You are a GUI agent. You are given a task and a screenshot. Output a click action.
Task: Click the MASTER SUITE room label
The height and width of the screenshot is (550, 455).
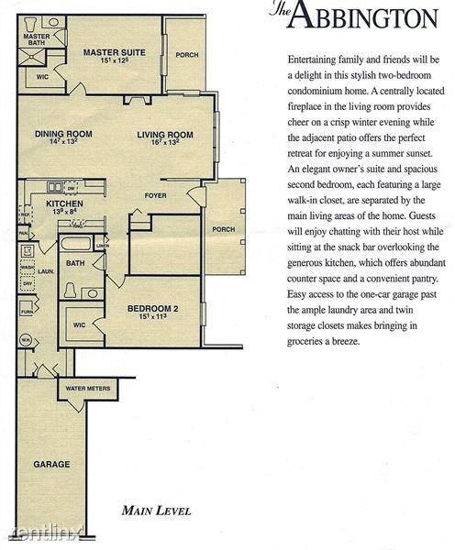[x=114, y=53]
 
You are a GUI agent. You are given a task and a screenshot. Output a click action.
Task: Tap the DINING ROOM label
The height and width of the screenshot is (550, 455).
[x=61, y=135]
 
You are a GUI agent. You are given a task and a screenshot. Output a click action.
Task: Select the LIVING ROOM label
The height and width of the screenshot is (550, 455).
[x=164, y=135]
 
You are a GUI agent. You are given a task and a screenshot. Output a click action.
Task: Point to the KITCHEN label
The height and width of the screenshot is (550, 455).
[x=65, y=203]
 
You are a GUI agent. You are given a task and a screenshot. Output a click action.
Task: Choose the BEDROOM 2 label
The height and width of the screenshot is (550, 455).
[x=151, y=308]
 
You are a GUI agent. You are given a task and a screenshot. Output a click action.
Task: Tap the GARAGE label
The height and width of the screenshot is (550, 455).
[x=52, y=464]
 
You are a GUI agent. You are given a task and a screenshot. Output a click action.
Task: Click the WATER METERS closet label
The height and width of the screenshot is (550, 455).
[x=86, y=388]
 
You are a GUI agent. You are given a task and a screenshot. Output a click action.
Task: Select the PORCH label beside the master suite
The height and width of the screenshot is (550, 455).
[x=187, y=55]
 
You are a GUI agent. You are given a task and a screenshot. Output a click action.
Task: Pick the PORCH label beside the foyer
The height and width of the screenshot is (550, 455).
[x=223, y=229]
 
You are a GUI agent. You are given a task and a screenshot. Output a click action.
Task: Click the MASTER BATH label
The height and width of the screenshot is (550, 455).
[x=37, y=39]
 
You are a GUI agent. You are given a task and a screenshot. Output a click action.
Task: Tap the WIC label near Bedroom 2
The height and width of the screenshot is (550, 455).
[x=80, y=324]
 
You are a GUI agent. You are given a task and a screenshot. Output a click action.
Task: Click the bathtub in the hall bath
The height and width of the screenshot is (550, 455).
[x=75, y=246]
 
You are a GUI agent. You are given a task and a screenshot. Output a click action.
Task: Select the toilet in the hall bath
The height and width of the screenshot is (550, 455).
[x=71, y=291]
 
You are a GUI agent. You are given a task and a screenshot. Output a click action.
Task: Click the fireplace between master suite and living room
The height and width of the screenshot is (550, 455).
[x=137, y=98]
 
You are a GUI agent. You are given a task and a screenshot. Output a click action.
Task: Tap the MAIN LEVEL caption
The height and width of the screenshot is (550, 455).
[x=156, y=511]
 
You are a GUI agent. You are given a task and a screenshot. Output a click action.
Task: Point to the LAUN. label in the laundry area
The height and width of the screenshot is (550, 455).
[x=43, y=271]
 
